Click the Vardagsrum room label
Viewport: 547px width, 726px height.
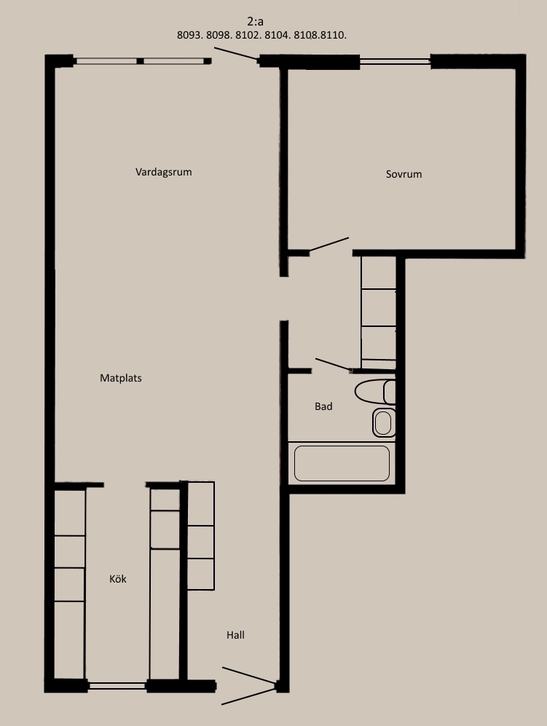(x=163, y=173)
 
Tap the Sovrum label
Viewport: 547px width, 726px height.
(x=404, y=174)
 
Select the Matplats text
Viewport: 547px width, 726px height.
(x=121, y=378)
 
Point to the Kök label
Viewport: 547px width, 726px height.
(x=118, y=579)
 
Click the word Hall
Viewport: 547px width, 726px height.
(x=235, y=635)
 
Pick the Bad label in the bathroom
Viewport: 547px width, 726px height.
(x=323, y=406)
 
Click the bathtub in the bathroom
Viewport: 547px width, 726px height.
(x=342, y=463)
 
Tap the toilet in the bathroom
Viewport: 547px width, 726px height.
(x=375, y=392)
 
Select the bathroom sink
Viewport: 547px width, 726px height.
(x=384, y=423)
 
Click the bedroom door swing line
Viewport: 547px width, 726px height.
(x=328, y=245)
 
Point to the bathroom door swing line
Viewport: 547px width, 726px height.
(x=333, y=364)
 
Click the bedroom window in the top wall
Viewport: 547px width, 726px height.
(x=395, y=61)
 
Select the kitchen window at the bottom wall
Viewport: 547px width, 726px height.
(x=117, y=686)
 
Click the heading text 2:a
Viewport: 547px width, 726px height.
(x=256, y=22)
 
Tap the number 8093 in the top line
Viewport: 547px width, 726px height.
(x=189, y=35)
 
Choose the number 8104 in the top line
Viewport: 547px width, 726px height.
(x=278, y=35)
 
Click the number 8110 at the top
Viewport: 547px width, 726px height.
(x=333, y=35)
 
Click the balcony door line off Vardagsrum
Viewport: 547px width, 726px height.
(x=235, y=53)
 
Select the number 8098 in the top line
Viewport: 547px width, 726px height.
(x=219, y=35)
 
